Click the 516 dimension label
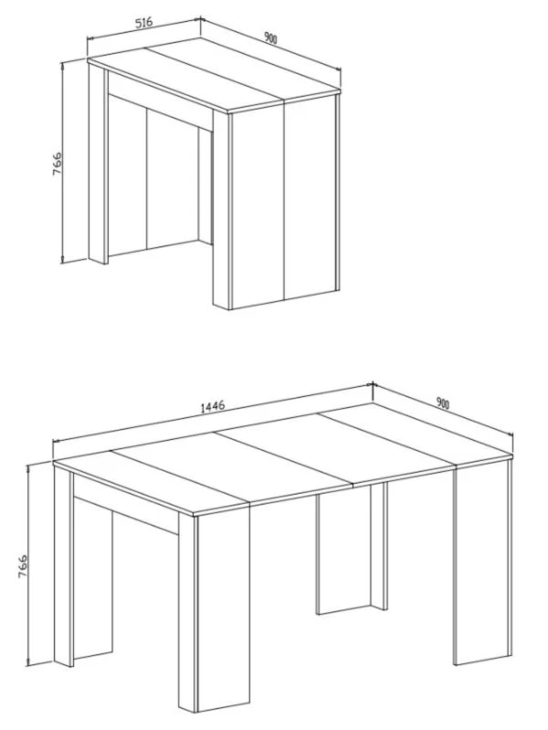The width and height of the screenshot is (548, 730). click(x=144, y=23)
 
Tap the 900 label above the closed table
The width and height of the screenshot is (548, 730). click(x=270, y=38)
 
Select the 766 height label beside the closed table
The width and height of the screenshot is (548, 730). click(x=57, y=163)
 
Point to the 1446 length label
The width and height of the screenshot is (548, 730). click(x=213, y=406)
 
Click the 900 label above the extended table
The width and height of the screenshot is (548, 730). click(x=443, y=403)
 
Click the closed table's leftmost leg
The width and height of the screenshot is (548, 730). click(x=98, y=163)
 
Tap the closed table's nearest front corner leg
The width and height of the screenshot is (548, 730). click(x=222, y=210)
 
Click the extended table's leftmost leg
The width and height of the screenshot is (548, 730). click(x=63, y=566)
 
